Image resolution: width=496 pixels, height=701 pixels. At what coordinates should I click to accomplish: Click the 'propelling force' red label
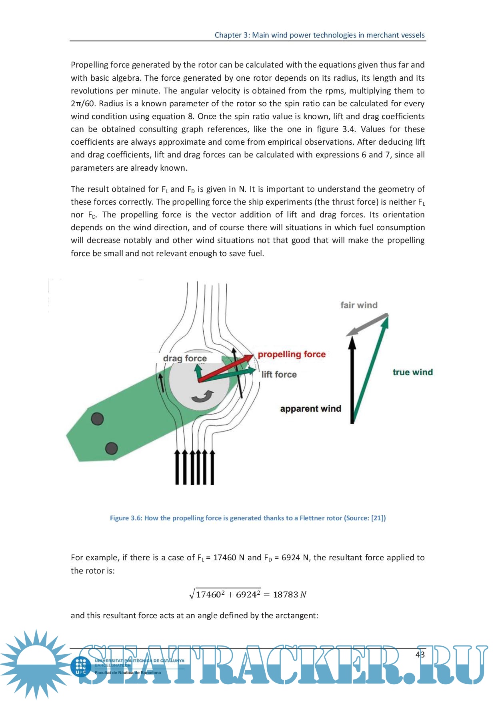pos(291,354)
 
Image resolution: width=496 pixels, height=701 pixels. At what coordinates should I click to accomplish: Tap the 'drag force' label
pos(185,358)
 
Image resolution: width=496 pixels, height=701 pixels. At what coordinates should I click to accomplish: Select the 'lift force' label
pos(279,374)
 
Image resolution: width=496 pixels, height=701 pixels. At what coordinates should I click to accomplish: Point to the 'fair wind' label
pos(359,305)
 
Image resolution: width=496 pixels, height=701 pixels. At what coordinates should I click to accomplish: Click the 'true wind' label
pos(412,372)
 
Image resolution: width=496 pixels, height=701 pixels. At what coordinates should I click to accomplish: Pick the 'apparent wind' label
pos(310,408)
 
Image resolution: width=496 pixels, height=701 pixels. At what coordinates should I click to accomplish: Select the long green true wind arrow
pos(370,368)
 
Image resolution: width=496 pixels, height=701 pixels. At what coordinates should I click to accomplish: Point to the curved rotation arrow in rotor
pos(202,396)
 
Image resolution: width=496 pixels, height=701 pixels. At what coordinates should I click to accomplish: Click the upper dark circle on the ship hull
pos(97,419)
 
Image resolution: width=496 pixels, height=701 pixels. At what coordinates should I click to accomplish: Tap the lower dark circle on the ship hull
pos(111,448)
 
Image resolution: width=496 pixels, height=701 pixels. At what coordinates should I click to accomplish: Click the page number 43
pos(420,654)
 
